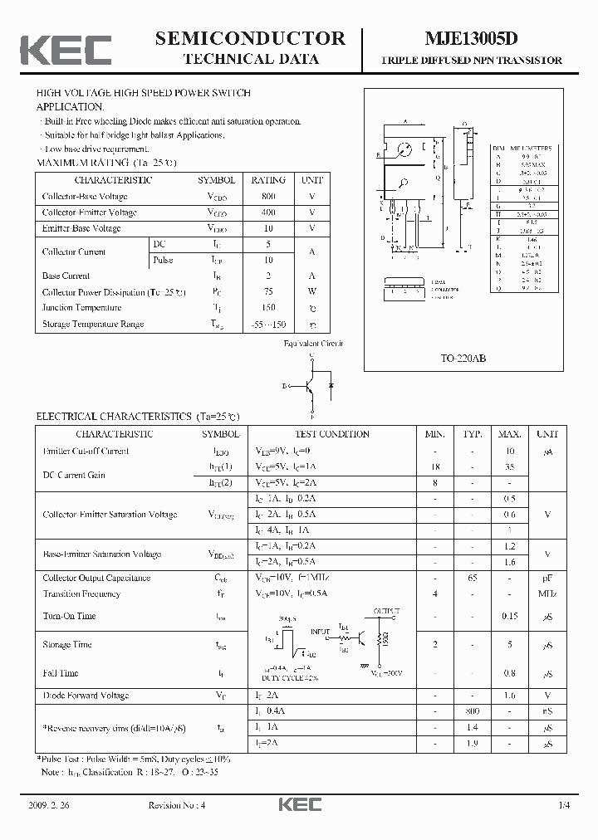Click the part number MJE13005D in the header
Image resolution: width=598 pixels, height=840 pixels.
click(x=471, y=38)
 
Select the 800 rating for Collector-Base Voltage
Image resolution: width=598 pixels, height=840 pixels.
click(x=268, y=197)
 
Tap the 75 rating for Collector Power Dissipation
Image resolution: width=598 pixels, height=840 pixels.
click(x=268, y=291)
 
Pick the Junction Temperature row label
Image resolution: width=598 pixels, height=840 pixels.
click(x=81, y=308)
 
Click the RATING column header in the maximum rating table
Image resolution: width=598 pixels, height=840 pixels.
click(x=268, y=180)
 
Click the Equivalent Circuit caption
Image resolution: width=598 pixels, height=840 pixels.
click(x=312, y=343)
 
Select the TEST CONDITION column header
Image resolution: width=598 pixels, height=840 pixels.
click(x=332, y=434)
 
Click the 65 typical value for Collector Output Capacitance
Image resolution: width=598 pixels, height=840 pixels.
click(x=473, y=578)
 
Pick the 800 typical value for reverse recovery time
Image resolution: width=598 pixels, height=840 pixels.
click(x=473, y=711)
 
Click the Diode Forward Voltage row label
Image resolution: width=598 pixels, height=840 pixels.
click(x=86, y=696)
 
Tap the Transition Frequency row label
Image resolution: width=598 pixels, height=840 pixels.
click(x=81, y=593)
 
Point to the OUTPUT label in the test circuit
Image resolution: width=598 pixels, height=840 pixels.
click(x=385, y=610)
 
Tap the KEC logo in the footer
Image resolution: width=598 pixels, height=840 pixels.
click(x=298, y=805)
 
